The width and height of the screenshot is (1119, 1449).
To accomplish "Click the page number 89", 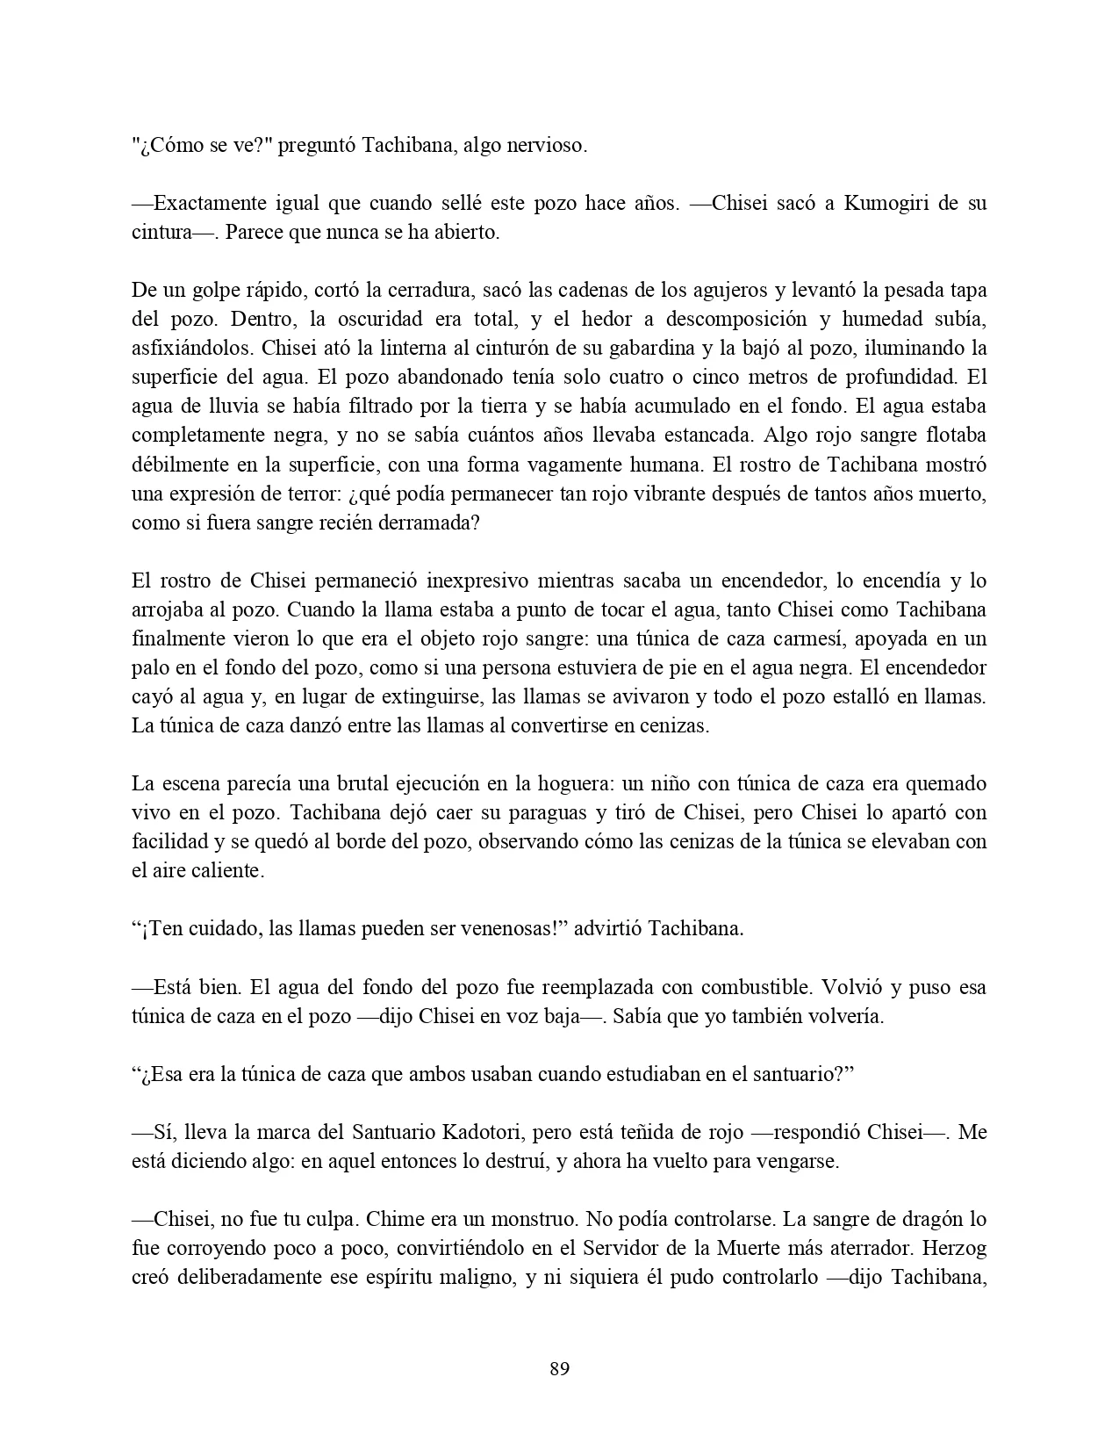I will [559, 1368].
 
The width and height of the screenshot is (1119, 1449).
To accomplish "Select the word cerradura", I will [383, 290].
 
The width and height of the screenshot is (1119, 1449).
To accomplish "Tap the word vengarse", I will [800, 1161].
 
